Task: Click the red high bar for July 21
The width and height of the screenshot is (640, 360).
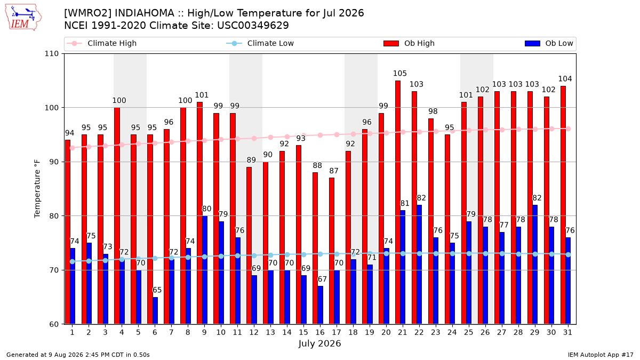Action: pyautogui.click(x=398, y=202)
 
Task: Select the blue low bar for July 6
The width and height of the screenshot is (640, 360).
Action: pyautogui.click(x=155, y=310)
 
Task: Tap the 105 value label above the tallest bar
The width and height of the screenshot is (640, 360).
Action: pyautogui.click(x=399, y=74)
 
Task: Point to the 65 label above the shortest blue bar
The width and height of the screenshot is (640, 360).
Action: pyautogui.click(x=157, y=290)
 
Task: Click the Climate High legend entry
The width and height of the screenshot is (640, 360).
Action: pyautogui.click(x=102, y=43)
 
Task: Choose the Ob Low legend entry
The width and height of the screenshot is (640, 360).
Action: pyautogui.click(x=549, y=43)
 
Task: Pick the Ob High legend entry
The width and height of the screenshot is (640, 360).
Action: pyautogui.click(x=409, y=43)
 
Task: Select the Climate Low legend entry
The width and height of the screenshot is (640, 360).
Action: pyautogui.click(x=260, y=43)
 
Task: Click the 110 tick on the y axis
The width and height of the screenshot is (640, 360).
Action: pyautogui.click(x=51, y=54)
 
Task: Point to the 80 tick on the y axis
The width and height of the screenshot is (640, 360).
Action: pyautogui.click(x=54, y=216)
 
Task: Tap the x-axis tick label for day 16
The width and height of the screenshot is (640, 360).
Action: pyautogui.click(x=320, y=332)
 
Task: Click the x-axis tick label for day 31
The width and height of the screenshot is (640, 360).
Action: pyautogui.click(x=567, y=332)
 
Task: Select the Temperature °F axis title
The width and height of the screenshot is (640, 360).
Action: pyautogui.click(x=37, y=189)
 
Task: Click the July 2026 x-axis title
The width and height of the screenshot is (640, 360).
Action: pyautogui.click(x=319, y=343)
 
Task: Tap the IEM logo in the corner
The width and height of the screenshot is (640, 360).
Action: pyautogui.click(x=23, y=18)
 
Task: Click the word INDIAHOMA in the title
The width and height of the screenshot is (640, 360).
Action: pyautogui.click(x=145, y=13)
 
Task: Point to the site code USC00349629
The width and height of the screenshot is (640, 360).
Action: pyautogui.click(x=253, y=26)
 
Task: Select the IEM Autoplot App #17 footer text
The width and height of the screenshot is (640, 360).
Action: pyautogui.click(x=601, y=355)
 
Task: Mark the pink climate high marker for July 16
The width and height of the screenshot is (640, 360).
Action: pyautogui.click(x=321, y=135)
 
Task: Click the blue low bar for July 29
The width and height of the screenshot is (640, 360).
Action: pyautogui.click(x=535, y=265)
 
